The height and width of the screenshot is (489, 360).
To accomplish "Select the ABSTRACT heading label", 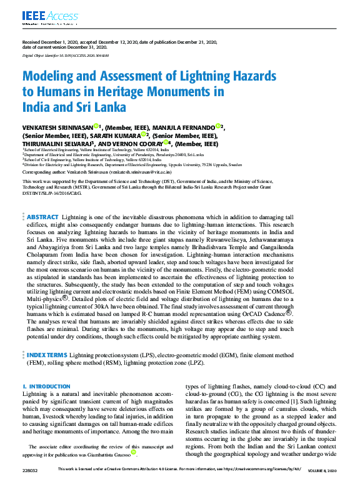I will (x=43, y=217).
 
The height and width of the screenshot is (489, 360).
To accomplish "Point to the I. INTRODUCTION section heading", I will (x=42, y=387).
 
